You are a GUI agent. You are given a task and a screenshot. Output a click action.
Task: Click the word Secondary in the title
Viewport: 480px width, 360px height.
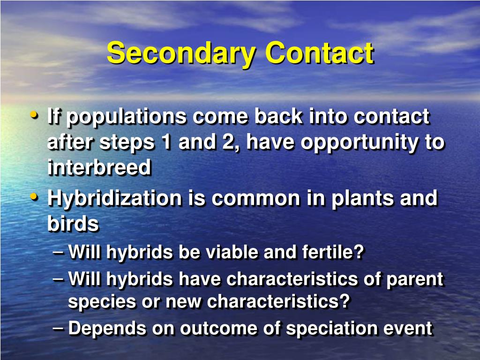pos(181,53)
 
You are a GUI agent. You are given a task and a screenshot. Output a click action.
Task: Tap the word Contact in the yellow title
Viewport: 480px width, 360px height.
pos(319,52)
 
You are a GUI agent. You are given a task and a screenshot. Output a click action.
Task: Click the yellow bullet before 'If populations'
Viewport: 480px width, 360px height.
pos(34,115)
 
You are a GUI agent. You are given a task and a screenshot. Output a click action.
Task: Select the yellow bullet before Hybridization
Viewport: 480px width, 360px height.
pos(34,197)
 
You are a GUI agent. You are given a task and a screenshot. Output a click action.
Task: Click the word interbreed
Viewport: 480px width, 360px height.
pos(99,167)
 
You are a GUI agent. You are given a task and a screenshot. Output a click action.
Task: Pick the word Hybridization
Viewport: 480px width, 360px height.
pos(115,199)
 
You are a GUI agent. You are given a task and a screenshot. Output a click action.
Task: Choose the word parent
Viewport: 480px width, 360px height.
pos(415,280)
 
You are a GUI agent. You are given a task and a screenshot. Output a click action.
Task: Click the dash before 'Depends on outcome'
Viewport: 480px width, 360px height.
pos(58,328)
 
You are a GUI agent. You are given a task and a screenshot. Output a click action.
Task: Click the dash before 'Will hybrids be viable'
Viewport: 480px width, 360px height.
pos(58,252)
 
